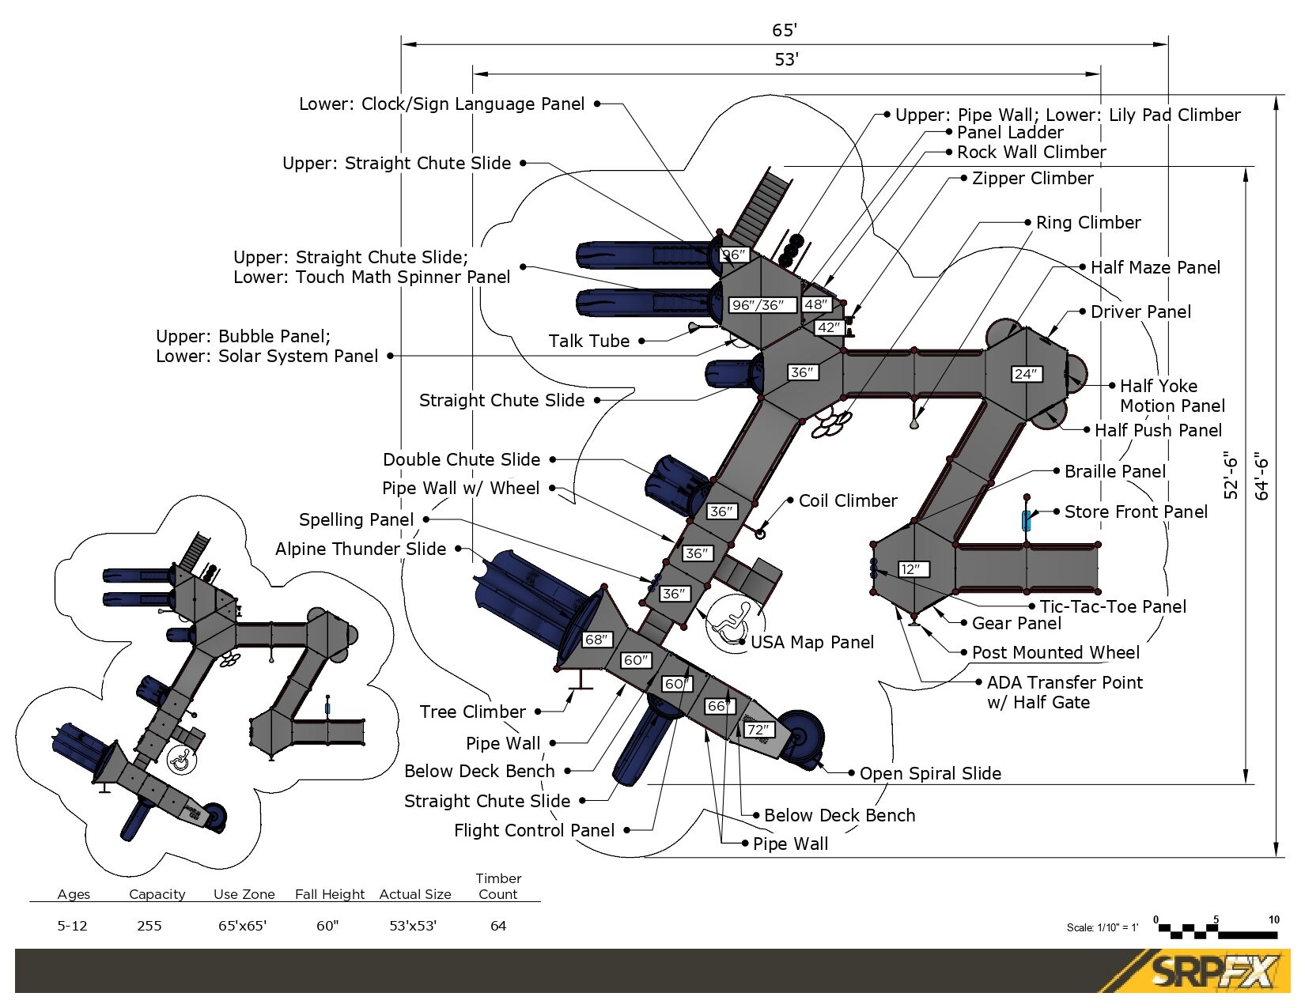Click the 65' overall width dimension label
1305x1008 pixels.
coord(785,30)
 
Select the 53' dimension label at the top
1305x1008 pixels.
coord(786,59)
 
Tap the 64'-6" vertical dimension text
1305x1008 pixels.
coord(1262,476)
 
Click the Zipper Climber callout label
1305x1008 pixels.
coord(1032,179)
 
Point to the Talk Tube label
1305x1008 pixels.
coord(589,342)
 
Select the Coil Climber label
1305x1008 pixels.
coord(848,501)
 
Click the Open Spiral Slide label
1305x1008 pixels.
coord(930,774)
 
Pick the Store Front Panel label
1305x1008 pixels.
coord(1136,512)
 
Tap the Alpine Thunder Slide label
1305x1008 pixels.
coord(361,549)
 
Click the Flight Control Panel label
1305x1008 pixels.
coord(534,831)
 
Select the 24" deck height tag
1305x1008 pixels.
coord(1026,374)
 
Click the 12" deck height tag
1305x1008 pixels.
coord(911,569)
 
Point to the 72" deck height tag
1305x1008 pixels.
coord(758,730)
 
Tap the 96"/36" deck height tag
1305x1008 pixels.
coord(758,305)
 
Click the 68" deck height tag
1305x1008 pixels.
coord(596,640)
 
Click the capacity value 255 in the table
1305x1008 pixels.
coord(149,926)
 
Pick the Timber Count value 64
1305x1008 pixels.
coord(498,926)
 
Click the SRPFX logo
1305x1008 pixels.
coord(1214,972)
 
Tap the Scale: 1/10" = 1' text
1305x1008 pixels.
coord(1102,928)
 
